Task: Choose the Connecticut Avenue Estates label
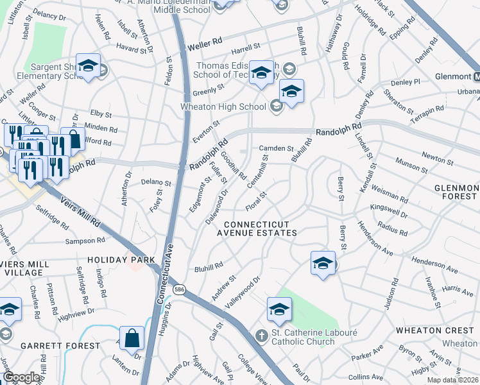tap(261, 228)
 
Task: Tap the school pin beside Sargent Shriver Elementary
tap(89, 65)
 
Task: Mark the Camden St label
tap(276, 148)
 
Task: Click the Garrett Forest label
tap(60, 346)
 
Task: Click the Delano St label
tap(157, 183)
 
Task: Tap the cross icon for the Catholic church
tap(261, 335)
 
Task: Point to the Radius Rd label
tap(393, 225)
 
